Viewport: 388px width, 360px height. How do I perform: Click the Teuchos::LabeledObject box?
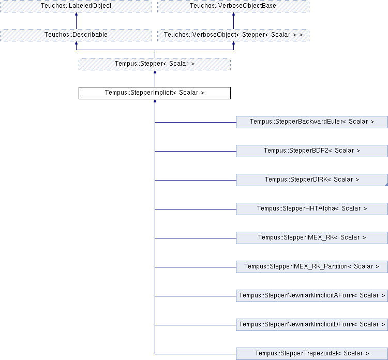(76, 6)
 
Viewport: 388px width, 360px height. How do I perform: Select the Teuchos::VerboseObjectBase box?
(233, 6)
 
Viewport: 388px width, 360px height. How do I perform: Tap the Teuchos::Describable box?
(76, 35)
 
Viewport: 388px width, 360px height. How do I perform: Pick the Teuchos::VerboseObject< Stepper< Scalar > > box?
(233, 35)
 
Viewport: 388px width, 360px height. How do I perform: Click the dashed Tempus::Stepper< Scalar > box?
(155, 64)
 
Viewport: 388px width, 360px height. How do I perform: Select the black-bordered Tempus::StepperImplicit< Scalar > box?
(155, 93)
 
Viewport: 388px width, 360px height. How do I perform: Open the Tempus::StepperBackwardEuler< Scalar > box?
(312, 122)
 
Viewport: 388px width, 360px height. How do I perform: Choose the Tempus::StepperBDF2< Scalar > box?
(312, 151)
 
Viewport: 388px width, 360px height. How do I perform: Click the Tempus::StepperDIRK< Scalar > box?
(312, 180)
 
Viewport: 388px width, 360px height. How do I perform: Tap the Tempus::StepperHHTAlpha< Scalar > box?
(312, 209)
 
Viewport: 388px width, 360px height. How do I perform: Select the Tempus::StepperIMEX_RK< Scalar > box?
(312, 238)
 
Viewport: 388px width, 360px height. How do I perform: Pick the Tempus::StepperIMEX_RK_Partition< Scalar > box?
(312, 267)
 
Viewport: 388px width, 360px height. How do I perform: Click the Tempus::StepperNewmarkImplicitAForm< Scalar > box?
(312, 296)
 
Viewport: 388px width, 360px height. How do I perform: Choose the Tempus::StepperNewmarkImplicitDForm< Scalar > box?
(312, 325)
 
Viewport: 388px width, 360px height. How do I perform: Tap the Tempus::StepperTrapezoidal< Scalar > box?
(312, 354)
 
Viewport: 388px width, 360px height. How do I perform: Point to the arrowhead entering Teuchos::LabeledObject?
(76, 14)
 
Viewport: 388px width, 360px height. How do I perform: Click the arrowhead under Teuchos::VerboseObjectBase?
(233, 14)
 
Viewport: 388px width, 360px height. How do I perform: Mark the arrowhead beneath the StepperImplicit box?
(155, 101)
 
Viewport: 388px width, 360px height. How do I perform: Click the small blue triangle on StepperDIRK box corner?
(386, 184)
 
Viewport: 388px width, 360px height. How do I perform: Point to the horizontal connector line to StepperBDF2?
(196, 151)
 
